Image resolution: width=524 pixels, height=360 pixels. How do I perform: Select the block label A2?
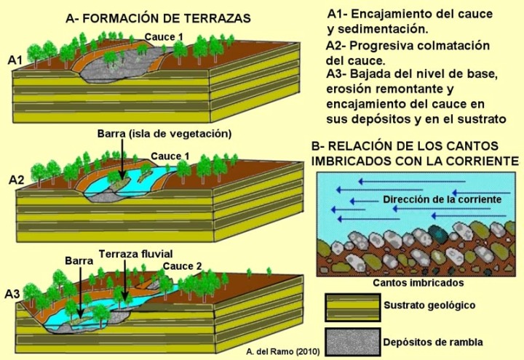click(16, 179)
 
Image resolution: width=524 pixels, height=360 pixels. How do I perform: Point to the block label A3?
click(13, 295)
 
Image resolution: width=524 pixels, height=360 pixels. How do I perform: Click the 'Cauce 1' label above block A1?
click(162, 36)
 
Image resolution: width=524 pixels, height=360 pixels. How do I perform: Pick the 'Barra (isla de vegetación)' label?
click(164, 134)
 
